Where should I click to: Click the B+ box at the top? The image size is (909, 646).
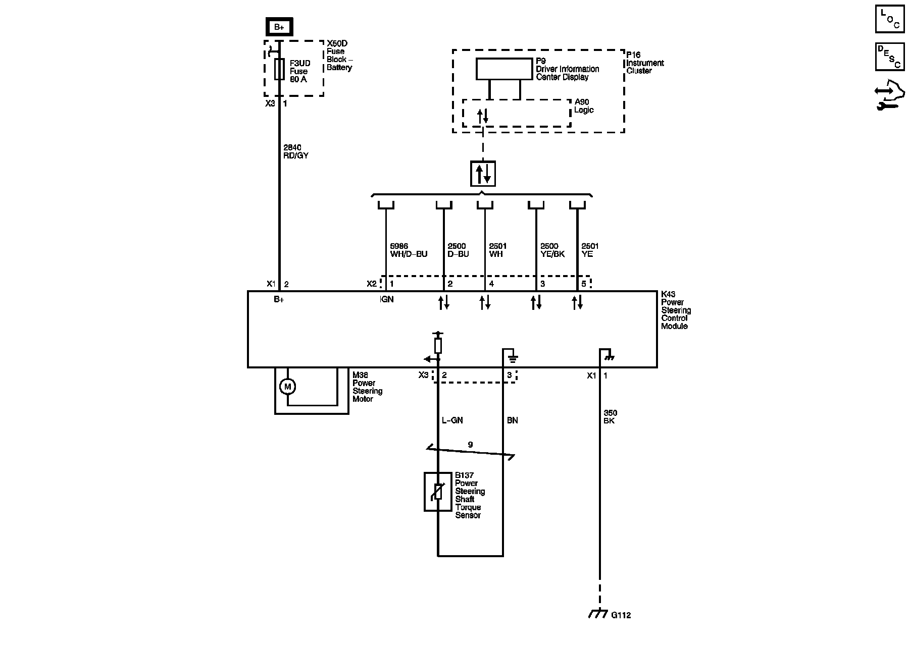point(279,27)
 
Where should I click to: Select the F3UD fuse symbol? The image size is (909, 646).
point(279,69)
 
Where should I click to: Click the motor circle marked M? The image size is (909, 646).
point(287,387)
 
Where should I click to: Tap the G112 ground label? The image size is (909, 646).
point(621,615)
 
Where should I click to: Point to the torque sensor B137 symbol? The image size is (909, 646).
point(438,492)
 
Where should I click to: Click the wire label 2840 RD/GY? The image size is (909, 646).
point(296,152)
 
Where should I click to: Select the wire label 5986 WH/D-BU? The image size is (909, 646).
point(409,250)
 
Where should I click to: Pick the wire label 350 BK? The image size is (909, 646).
point(610,417)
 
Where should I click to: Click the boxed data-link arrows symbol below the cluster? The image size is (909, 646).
point(483,174)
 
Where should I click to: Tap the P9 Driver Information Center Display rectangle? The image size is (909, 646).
point(504,69)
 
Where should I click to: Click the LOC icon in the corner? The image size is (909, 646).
point(889,20)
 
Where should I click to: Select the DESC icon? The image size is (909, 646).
point(889,57)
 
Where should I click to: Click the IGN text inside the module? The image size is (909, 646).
point(386,299)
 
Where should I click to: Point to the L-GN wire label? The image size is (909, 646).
point(452,420)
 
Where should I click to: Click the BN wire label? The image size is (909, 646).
point(512,420)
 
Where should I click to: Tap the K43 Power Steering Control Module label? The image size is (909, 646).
point(676,310)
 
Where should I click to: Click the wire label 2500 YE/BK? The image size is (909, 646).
point(552,250)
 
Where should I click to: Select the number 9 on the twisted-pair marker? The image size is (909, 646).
point(470,445)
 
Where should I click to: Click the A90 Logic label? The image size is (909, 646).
point(584,106)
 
